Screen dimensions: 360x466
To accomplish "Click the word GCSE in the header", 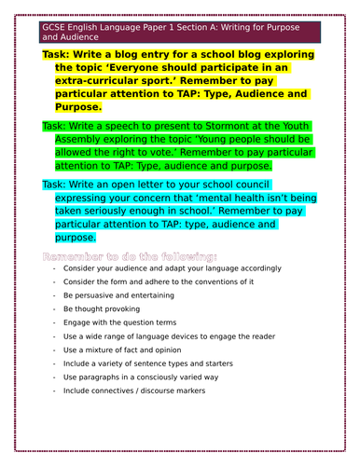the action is pyautogui.click(x=54, y=28).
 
